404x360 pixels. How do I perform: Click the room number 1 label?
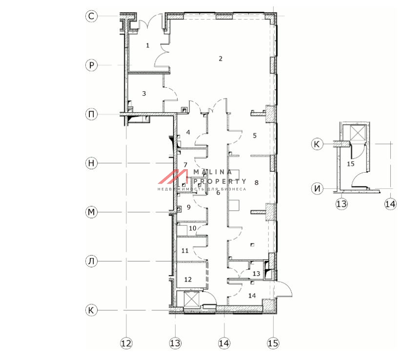(x=148, y=45)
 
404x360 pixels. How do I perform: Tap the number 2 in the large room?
(x=220, y=59)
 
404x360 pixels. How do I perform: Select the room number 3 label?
(x=144, y=94)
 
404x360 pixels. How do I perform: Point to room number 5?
(x=255, y=136)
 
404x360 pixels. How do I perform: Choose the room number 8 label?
(x=256, y=182)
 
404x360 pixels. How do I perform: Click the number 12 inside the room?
(x=188, y=280)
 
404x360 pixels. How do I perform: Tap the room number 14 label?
(x=252, y=296)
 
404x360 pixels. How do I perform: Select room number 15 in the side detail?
(x=351, y=164)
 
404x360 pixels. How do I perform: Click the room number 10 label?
(x=192, y=228)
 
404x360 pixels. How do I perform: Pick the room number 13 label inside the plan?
(x=256, y=274)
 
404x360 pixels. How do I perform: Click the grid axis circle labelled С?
(x=91, y=16)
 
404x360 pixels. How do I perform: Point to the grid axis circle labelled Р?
(x=91, y=65)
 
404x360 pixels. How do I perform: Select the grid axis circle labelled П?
(x=91, y=114)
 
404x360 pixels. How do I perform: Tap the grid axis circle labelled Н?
(x=91, y=163)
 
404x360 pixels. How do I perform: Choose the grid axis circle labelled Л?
(x=91, y=261)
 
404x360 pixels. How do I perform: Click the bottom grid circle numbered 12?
(x=126, y=343)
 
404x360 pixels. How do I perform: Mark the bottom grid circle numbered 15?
(x=273, y=343)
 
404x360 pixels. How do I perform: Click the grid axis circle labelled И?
(x=317, y=189)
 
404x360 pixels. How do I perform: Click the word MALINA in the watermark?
(x=213, y=172)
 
